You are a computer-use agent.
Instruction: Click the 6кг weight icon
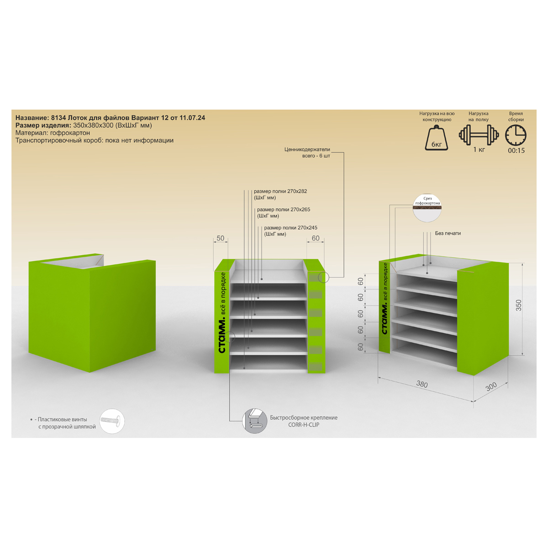[436, 138]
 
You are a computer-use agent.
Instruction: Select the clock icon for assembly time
[516, 135]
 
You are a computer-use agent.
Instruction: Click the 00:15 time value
[516, 150]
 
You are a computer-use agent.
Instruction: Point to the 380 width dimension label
[422, 384]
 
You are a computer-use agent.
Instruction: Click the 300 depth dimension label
[491, 386]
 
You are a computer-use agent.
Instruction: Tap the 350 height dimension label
[518, 305]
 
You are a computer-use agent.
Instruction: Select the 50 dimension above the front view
[221, 238]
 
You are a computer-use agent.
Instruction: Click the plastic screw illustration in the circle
[112, 421]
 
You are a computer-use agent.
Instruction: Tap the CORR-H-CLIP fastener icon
[254, 421]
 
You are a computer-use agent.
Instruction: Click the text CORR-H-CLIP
[304, 425]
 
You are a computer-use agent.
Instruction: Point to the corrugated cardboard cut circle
[427, 208]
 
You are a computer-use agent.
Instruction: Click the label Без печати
[448, 233]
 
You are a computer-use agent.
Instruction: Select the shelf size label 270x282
[297, 191]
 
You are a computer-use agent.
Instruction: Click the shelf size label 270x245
[307, 227]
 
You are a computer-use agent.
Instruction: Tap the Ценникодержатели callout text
[307, 149]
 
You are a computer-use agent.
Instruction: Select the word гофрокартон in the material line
[70, 133]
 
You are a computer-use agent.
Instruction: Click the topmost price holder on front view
[316, 277]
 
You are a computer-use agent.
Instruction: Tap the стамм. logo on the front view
[222, 336]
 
